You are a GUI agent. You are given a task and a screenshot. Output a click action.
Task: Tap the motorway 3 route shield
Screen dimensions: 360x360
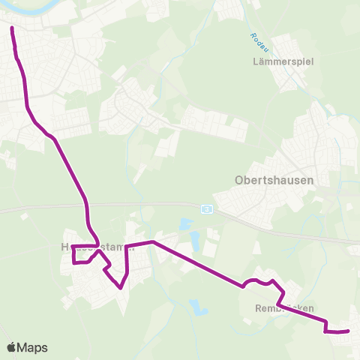coord(207,208)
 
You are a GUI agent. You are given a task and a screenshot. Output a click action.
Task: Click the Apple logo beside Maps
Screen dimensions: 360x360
coord(12,347)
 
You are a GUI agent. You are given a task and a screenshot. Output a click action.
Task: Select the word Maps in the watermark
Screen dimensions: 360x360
coord(33,347)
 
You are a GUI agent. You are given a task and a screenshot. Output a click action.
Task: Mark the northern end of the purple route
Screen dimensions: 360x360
coord(12,28)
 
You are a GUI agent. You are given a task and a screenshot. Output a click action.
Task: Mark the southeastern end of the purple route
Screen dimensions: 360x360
coord(349,330)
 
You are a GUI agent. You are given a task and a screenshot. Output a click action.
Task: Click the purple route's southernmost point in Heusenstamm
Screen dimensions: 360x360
coord(120,287)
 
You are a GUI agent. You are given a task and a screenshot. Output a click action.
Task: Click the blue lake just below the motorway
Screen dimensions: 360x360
coord(185,224)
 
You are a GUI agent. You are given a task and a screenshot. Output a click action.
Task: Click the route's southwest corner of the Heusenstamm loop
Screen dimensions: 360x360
coord(73,263)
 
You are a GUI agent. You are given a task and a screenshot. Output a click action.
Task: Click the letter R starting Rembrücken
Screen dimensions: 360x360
coord(256,308)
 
